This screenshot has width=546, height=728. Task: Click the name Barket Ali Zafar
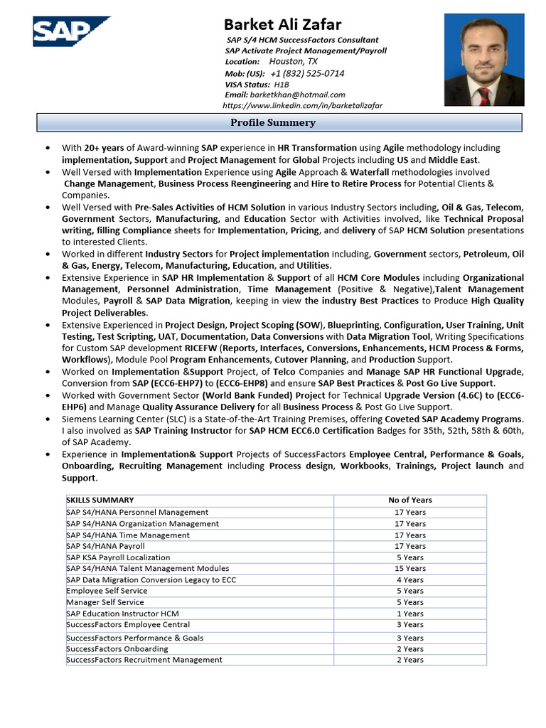pyautogui.click(x=282, y=24)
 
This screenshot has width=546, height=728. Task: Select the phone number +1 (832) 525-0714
pyautogui.click(x=307, y=73)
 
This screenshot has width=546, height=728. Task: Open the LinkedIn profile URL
pyautogui.click(x=302, y=105)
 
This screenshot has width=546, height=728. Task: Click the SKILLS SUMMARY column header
pyautogui.click(x=100, y=500)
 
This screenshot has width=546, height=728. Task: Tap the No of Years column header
pyautogui.click(x=410, y=500)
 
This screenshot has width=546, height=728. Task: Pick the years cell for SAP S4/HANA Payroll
pyautogui.click(x=410, y=546)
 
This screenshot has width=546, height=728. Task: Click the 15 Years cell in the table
pyautogui.click(x=410, y=568)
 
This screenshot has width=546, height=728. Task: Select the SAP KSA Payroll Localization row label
pyautogui.click(x=118, y=557)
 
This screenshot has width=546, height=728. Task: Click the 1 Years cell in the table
pyautogui.click(x=410, y=614)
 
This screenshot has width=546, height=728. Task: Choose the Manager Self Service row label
pyautogui.click(x=105, y=602)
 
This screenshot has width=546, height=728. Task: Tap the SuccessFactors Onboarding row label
pyautogui.click(x=117, y=648)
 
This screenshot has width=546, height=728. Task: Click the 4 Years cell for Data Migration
pyautogui.click(x=410, y=579)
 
